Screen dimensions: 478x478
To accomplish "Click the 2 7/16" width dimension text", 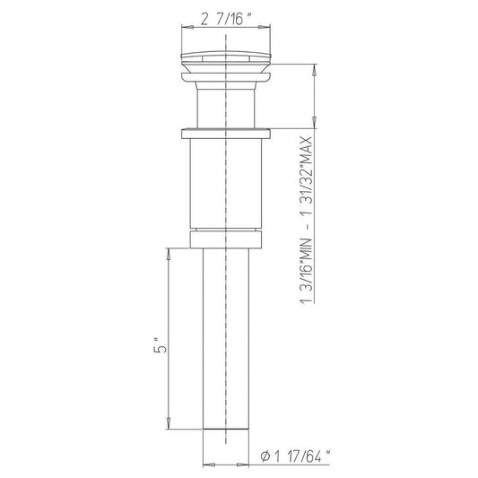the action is click(226, 19).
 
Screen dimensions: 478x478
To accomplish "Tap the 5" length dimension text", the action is click(160, 345).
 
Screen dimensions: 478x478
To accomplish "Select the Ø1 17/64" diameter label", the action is click(295, 456).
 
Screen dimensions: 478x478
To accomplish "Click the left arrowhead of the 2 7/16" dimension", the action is click(187, 27).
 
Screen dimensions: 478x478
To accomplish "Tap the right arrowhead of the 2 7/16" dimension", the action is click(265, 27).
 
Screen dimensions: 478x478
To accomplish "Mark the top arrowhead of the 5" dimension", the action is click(168, 254).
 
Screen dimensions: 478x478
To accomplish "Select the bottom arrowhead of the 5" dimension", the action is click(168, 423).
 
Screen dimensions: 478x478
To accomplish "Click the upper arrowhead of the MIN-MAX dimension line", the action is click(315, 71).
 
